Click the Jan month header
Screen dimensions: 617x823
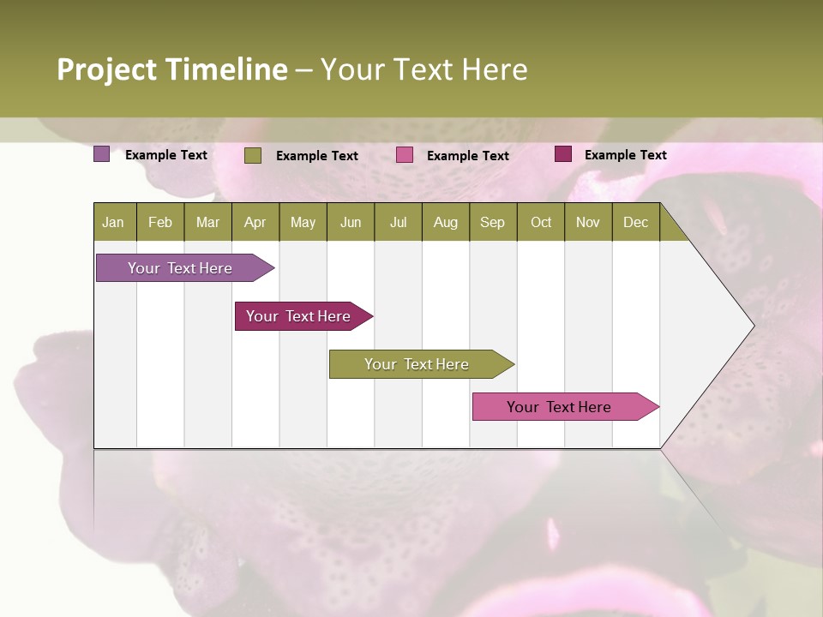tap(113, 222)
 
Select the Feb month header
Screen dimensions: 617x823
tap(160, 222)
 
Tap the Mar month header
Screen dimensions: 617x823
tap(207, 222)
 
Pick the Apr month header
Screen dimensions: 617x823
tap(255, 222)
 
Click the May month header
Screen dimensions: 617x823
tap(303, 222)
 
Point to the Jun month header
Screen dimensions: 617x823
tap(351, 222)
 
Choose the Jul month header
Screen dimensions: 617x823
tap(398, 222)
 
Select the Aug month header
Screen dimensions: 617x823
tap(445, 222)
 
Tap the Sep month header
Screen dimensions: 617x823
tap(492, 222)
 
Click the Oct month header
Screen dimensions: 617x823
tap(541, 222)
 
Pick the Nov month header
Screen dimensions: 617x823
tap(588, 222)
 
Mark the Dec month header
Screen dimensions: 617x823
tap(635, 222)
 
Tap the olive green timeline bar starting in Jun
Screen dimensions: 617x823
tap(418, 364)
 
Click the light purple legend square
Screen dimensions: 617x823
tap(102, 154)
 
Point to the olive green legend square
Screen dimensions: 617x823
tap(253, 155)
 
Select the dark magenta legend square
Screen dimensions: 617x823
tap(563, 154)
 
